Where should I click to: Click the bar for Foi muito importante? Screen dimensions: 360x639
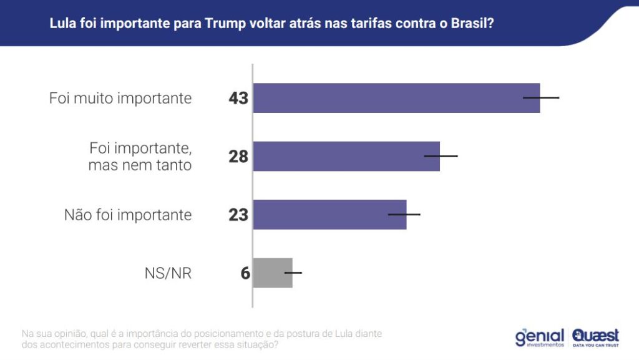click(x=396, y=98)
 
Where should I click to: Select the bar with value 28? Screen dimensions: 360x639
click(x=346, y=156)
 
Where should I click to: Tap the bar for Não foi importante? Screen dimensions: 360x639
click(x=329, y=215)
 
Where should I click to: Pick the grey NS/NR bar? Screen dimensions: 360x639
click(x=273, y=273)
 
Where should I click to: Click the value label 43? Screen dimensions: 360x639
click(x=238, y=99)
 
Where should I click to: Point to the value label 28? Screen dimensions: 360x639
click(x=238, y=157)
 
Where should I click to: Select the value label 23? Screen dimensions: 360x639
click(x=238, y=215)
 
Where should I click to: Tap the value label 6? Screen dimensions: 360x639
click(x=245, y=273)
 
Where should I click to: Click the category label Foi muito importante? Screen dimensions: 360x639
click(x=120, y=99)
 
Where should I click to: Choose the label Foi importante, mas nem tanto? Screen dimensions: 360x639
click(x=140, y=157)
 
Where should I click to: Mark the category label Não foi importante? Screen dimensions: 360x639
click(x=128, y=215)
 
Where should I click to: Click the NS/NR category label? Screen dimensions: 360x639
click(x=168, y=273)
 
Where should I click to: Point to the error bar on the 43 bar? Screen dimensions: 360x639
click(x=541, y=98)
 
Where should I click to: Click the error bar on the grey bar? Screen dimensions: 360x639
click(x=293, y=273)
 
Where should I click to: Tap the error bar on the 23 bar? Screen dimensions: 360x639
click(x=404, y=214)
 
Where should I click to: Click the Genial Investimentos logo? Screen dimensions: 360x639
click(x=539, y=338)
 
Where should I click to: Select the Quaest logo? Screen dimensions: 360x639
click(x=595, y=338)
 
